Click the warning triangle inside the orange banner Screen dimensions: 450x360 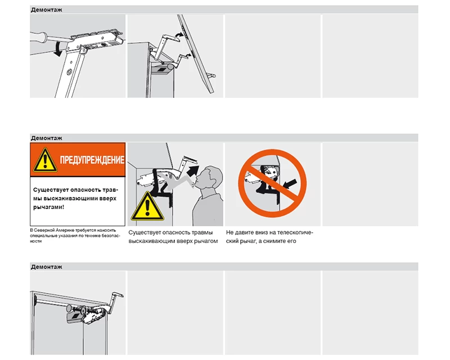45,160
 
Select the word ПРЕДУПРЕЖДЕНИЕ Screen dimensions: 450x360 92,160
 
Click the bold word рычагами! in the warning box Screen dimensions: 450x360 48,207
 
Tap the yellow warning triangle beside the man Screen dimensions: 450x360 147,206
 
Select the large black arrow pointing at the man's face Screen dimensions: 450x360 192,172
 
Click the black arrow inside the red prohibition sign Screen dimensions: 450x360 290,184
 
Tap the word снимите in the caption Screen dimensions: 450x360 274,241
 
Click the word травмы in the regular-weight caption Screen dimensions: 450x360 202,232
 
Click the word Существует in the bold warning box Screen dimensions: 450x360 51,190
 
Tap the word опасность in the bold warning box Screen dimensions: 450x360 85,190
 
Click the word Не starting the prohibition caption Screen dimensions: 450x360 229,232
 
